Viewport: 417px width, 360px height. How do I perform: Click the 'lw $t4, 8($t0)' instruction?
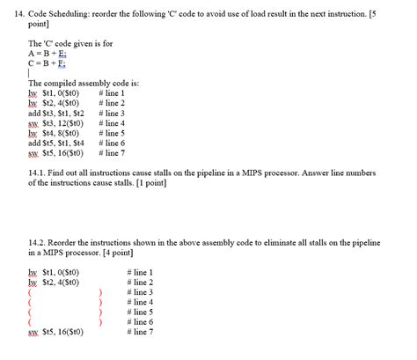pos(55,133)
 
